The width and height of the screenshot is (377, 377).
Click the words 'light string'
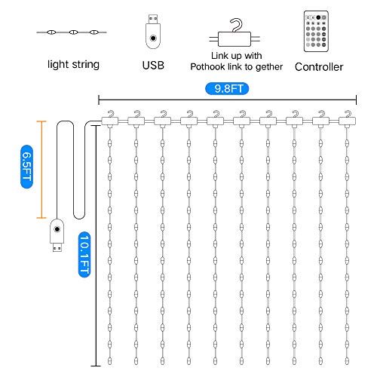(x=72, y=65)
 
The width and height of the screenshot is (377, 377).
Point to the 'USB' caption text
(x=152, y=65)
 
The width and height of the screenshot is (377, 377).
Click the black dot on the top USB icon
(x=153, y=38)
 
